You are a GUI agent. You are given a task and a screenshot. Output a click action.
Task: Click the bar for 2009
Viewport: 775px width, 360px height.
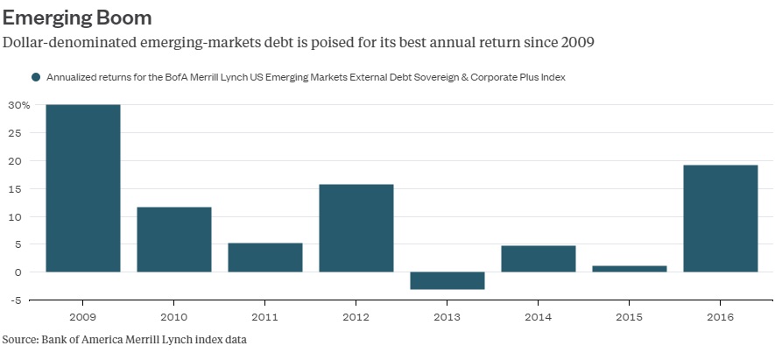[x=83, y=188]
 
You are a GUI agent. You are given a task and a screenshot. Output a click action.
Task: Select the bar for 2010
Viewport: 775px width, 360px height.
[x=174, y=239]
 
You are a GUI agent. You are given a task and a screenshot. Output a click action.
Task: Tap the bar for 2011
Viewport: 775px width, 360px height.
[x=265, y=258]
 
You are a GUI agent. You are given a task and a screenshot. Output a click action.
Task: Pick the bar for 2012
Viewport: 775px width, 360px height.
[x=356, y=228]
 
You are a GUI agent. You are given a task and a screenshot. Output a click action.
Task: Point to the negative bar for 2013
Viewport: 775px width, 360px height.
[x=447, y=280]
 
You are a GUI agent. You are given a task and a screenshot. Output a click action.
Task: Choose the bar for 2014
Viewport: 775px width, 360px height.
[x=539, y=258]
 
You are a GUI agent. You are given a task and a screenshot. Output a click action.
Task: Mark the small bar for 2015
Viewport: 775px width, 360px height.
[x=630, y=269]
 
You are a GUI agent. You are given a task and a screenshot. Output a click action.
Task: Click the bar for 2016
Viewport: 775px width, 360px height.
[x=721, y=218]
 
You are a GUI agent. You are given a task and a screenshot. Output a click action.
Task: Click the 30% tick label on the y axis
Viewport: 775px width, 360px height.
[x=19, y=105]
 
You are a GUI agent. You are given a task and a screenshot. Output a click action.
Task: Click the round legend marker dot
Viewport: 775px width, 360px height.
[x=36, y=77]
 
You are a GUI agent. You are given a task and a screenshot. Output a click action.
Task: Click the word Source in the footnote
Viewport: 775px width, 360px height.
[x=20, y=338]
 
